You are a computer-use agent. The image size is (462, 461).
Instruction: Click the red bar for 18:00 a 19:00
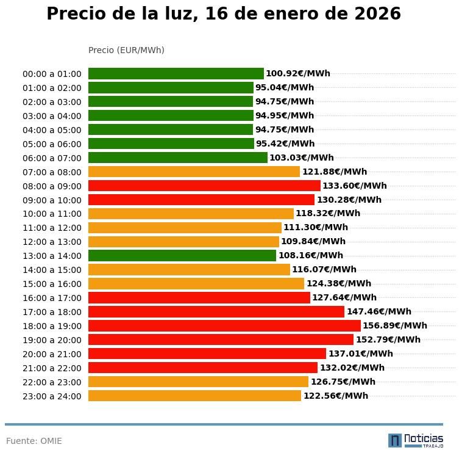tap(224, 326)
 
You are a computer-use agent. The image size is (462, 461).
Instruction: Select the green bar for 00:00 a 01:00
tap(176, 74)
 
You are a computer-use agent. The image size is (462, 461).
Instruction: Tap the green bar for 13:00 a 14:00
tap(182, 256)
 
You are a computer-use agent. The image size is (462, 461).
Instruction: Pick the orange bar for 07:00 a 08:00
tap(194, 172)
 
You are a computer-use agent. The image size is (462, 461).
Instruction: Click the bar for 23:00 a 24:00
tap(194, 396)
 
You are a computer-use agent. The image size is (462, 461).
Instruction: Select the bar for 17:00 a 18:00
tap(216, 312)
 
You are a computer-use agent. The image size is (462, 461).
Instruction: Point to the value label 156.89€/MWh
tap(395, 326)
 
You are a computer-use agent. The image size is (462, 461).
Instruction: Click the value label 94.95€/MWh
tap(285, 116)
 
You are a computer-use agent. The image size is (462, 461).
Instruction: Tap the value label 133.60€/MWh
tap(355, 186)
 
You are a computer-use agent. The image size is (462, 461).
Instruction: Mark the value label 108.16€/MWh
tap(311, 256)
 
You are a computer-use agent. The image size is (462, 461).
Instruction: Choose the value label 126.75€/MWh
tap(343, 382)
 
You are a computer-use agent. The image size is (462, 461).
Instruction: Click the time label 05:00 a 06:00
tap(52, 144)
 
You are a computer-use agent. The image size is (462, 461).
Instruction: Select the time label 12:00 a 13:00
tap(52, 242)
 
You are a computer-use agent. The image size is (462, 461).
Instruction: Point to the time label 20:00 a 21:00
tap(52, 354)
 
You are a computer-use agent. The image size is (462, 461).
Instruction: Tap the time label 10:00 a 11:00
tap(52, 214)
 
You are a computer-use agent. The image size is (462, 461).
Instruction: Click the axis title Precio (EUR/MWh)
tap(126, 50)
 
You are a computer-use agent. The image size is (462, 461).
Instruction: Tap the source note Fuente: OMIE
tap(34, 441)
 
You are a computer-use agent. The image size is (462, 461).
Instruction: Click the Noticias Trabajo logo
tap(416, 440)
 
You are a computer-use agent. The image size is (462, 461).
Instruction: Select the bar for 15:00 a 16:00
tap(196, 284)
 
